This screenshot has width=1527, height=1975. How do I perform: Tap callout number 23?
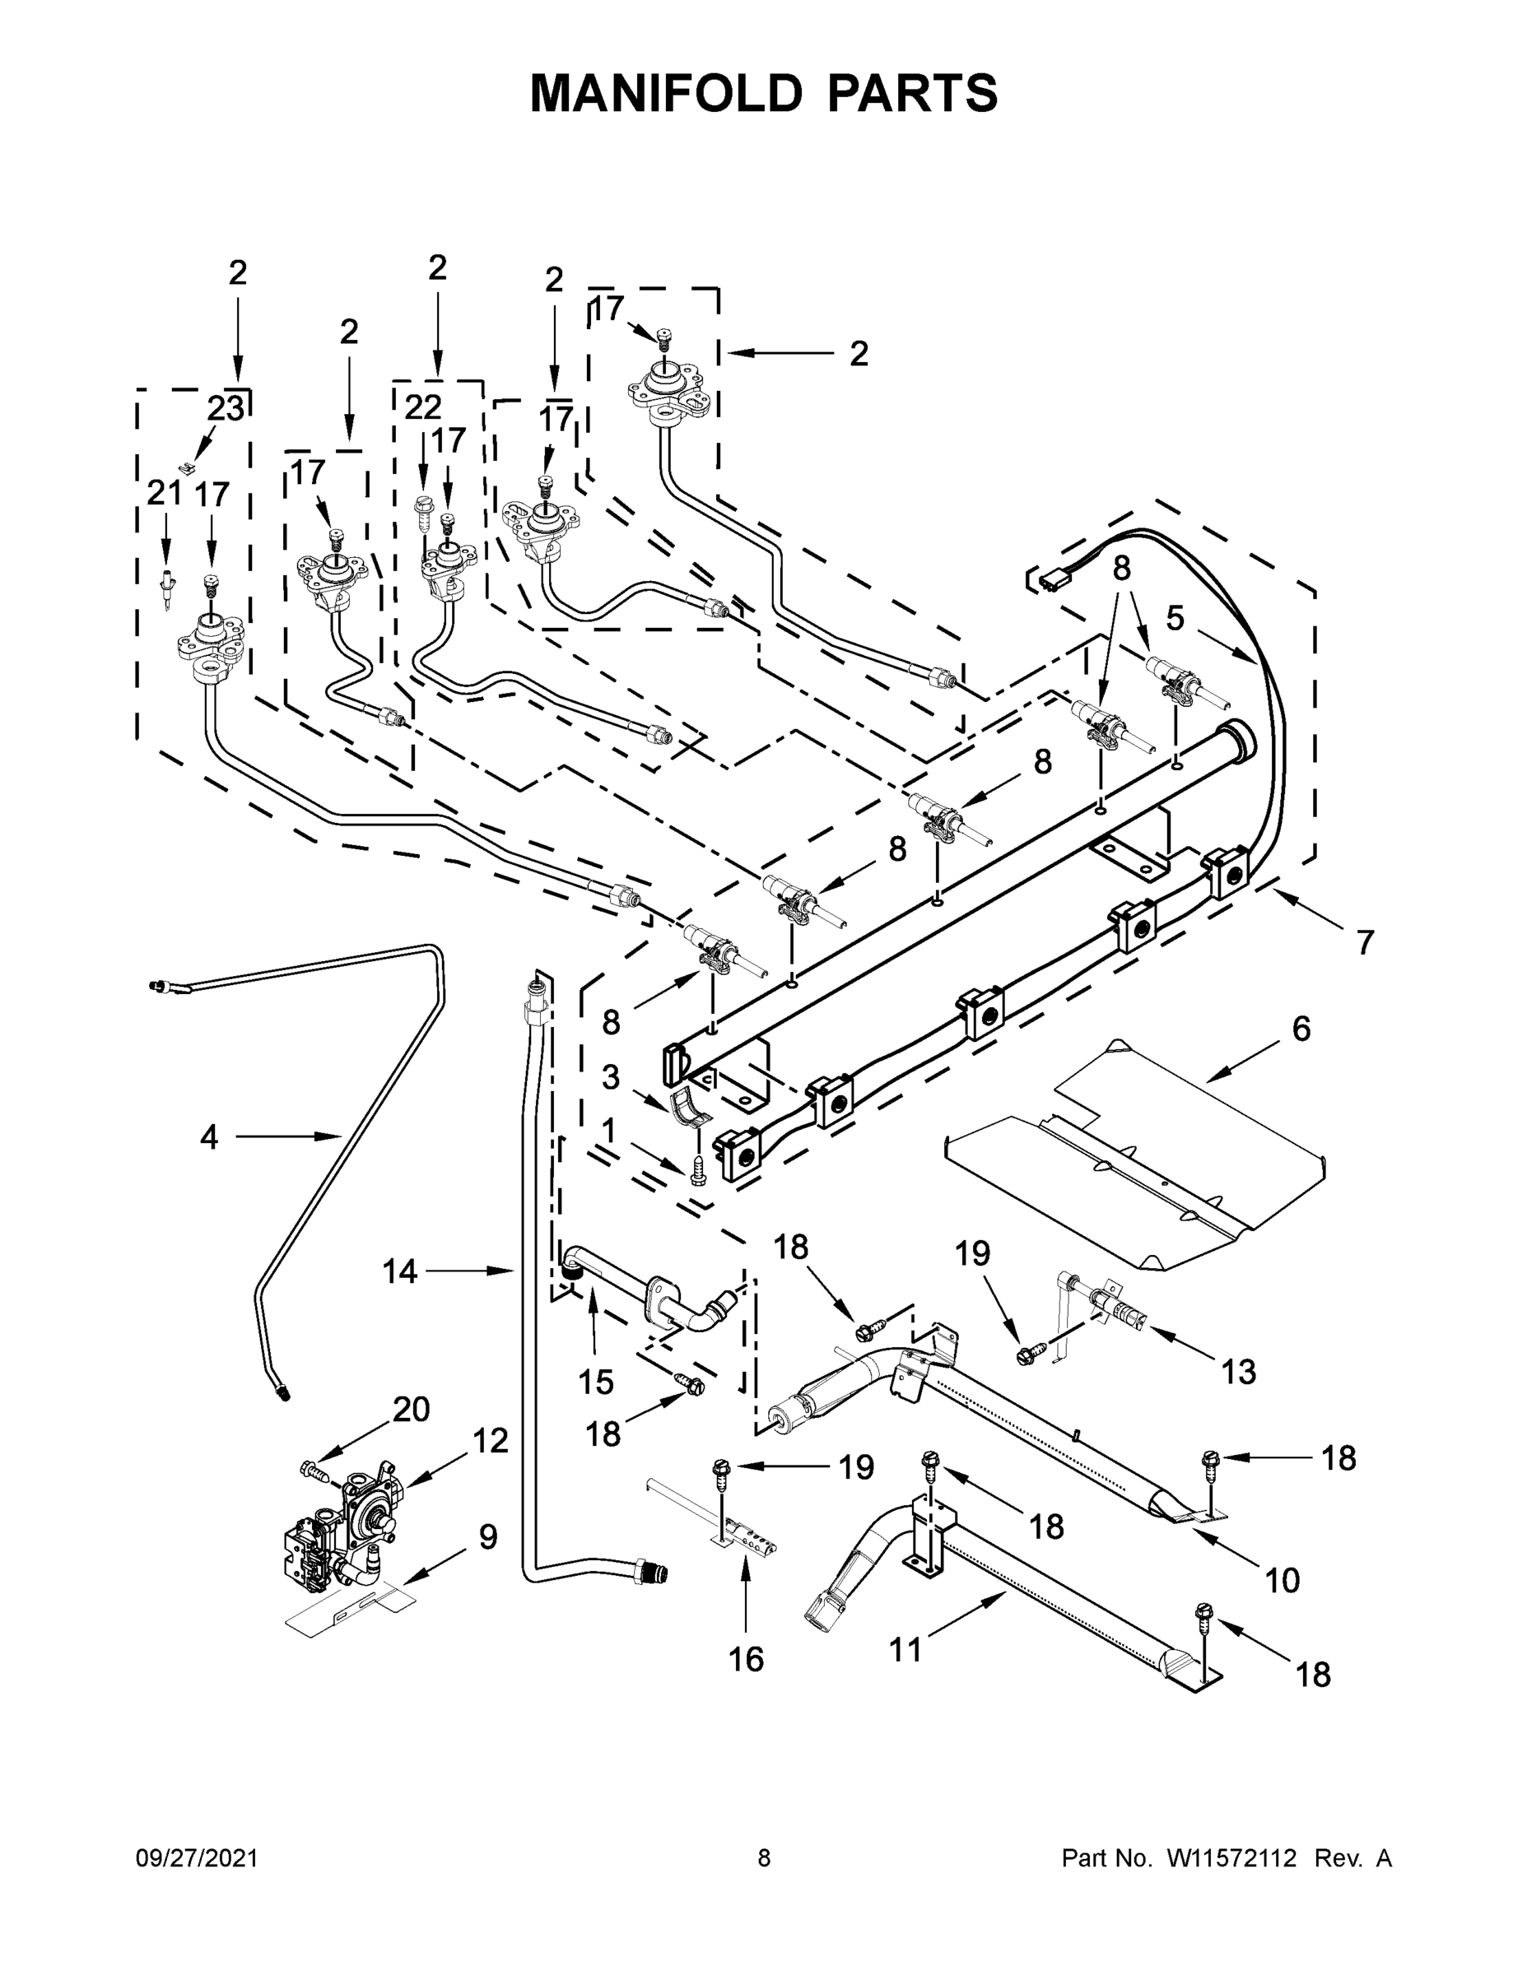coord(226,408)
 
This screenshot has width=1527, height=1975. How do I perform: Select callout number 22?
coord(422,408)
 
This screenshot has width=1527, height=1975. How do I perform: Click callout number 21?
coord(165,493)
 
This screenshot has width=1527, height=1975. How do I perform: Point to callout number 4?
coord(209,1136)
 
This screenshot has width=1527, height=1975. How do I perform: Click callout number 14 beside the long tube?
coord(399,1271)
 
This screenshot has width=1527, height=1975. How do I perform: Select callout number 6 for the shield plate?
coord(1301,1028)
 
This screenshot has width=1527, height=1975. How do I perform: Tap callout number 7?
coord(1365,942)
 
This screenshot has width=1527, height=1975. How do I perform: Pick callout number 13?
coord(1238,1372)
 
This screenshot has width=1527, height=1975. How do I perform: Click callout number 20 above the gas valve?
coord(411,1409)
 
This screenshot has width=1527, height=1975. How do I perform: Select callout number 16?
coord(747,1658)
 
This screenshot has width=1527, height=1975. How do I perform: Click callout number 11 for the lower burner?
coord(905,1649)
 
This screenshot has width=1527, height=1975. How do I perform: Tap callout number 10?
coord(1282,1580)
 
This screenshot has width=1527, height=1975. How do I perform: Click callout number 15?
coord(596,1382)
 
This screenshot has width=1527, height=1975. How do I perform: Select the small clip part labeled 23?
coord(187,467)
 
